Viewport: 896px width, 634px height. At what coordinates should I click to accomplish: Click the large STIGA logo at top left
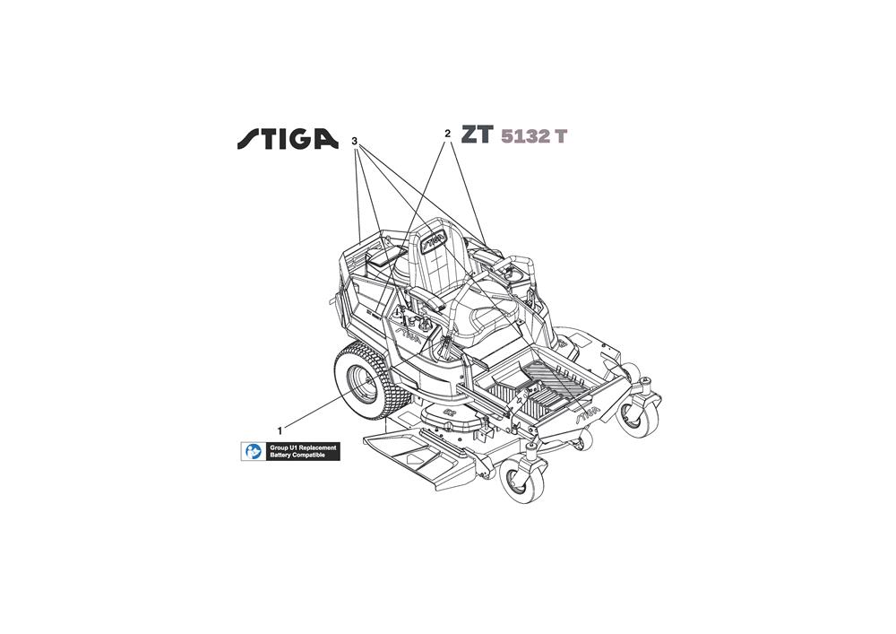(x=288, y=138)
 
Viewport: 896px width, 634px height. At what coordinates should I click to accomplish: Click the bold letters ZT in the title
(x=478, y=135)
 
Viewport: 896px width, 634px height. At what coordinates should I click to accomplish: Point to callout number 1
(x=280, y=430)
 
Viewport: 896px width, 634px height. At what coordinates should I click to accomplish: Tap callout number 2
(x=447, y=134)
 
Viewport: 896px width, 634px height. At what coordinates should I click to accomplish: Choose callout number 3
(x=355, y=141)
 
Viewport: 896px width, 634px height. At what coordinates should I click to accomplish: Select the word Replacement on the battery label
(x=316, y=447)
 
